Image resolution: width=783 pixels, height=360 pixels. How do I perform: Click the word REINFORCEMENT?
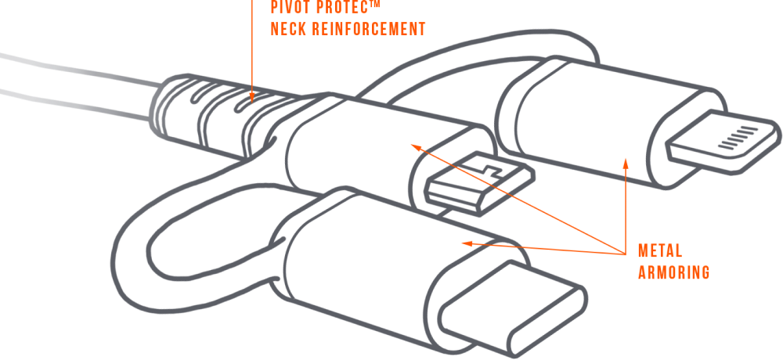(x=370, y=29)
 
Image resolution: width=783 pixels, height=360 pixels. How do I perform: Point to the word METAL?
(x=660, y=251)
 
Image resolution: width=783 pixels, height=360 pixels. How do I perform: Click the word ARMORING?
(x=673, y=272)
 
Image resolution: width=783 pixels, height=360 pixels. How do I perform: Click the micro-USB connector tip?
(x=479, y=182)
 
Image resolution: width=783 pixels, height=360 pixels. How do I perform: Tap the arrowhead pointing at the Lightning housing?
(x=625, y=162)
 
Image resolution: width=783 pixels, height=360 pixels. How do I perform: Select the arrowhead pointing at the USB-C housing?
(x=464, y=243)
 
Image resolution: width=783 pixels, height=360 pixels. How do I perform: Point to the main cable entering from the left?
(x=70, y=82)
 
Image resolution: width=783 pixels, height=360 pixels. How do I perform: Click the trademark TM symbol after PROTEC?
(x=376, y=4)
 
